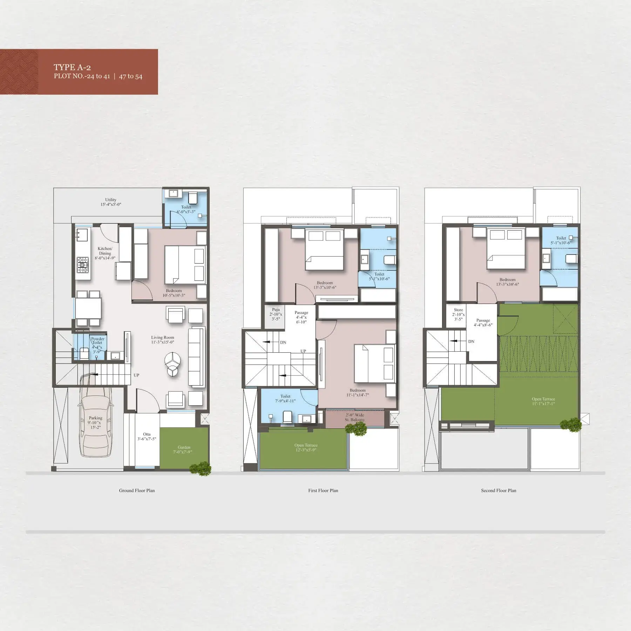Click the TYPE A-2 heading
[x=72, y=67]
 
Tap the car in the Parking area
[x=96, y=417]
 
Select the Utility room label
[x=111, y=202]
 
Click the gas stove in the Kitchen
[x=83, y=265]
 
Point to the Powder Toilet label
[x=97, y=345]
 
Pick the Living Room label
[x=163, y=340]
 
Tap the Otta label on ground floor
[x=147, y=436]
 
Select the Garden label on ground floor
[x=184, y=449]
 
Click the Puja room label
[x=276, y=314]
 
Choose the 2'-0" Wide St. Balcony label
[x=355, y=417]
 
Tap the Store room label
[x=459, y=314]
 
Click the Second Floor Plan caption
[x=498, y=490]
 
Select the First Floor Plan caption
[x=323, y=490]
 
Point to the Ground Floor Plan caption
[x=137, y=490]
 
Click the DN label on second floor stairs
[x=471, y=341]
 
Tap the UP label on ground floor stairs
[x=136, y=375]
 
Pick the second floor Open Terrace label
[x=543, y=401]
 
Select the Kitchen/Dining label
[x=105, y=253]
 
